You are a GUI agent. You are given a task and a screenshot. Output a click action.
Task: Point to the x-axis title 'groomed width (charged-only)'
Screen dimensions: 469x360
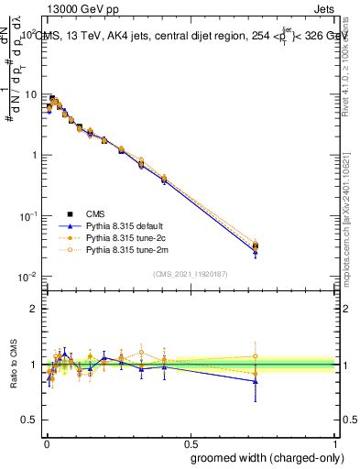pos(264,456)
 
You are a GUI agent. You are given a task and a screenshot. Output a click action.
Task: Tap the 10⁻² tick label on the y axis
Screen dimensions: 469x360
pos(27,277)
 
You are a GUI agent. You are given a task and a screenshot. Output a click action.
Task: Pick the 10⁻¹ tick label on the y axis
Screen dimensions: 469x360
pos(27,215)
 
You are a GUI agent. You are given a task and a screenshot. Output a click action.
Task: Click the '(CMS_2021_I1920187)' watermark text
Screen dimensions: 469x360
pos(189,274)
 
